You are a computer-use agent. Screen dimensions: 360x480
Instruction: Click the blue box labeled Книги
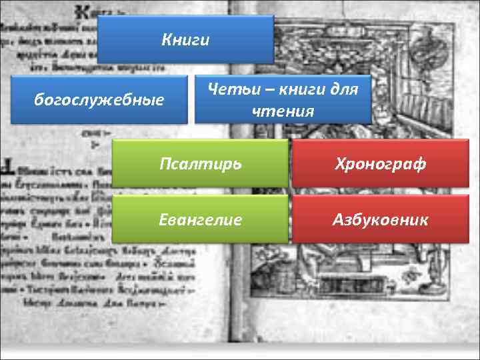point(185,40)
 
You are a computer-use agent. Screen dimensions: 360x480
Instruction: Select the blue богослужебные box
point(99,100)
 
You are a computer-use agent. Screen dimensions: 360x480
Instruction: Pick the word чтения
point(283,111)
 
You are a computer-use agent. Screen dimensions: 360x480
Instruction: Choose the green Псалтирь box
point(200,163)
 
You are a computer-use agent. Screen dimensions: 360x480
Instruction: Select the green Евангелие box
point(200,219)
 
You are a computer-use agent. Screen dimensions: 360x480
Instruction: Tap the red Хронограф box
point(381,163)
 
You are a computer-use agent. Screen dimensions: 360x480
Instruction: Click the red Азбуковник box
point(381,219)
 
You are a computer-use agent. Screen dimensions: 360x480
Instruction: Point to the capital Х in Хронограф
point(341,163)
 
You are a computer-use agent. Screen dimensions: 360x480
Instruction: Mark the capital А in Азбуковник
point(338,219)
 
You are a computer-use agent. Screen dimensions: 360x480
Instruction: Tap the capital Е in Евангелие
point(162,219)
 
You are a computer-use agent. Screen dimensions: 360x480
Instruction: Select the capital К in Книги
point(166,40)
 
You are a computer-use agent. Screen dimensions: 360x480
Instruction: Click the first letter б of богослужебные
point(38,100)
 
